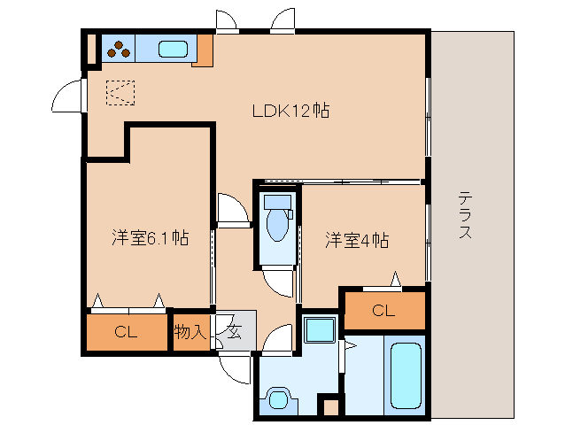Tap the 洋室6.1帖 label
[x=149, y=237]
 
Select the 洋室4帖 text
[x=357, y=239]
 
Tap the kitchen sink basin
[x=174, y=50]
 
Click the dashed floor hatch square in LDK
[x=120, y=92]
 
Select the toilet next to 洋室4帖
[x=278, y=221]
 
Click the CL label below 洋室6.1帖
[x=126, y=333]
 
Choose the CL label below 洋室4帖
[x=383, y=310]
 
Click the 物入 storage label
[x=190, y=333]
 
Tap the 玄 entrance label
[x=234, y=332]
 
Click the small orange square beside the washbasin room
[x=330, y=407]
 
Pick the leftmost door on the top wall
[x=227, y=19]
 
